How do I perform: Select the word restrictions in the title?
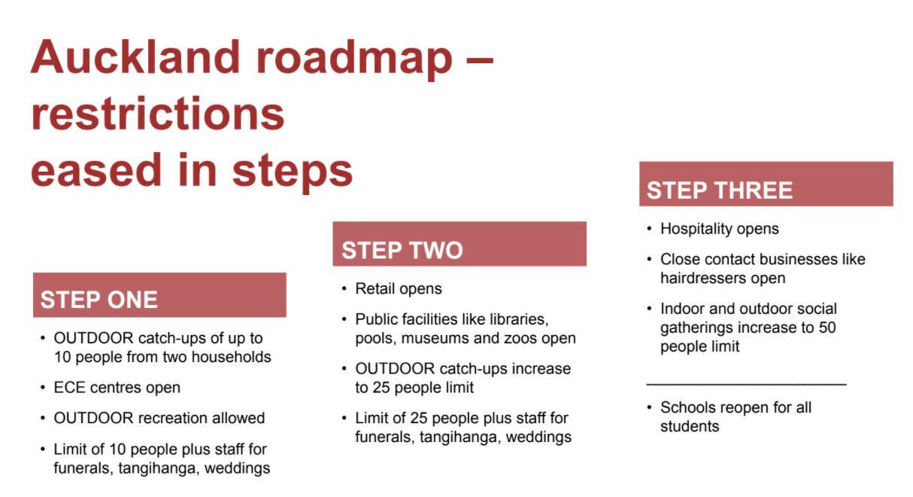(x=157, y=114)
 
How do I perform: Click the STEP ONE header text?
(x=99, y=300)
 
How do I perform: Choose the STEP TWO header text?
(x=402, y=250)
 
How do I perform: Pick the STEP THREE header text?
(x=720, y=191)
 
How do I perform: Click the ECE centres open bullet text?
(x=117, y=387)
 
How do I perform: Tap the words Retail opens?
(x=398, y=289)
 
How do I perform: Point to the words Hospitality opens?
(x=720, y=229)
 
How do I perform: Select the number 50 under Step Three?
(x=827, y=328)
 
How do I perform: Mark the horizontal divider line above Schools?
(x=746, y=384)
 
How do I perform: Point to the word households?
(x=231, y=357)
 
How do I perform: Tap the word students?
(x=690, y=426)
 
